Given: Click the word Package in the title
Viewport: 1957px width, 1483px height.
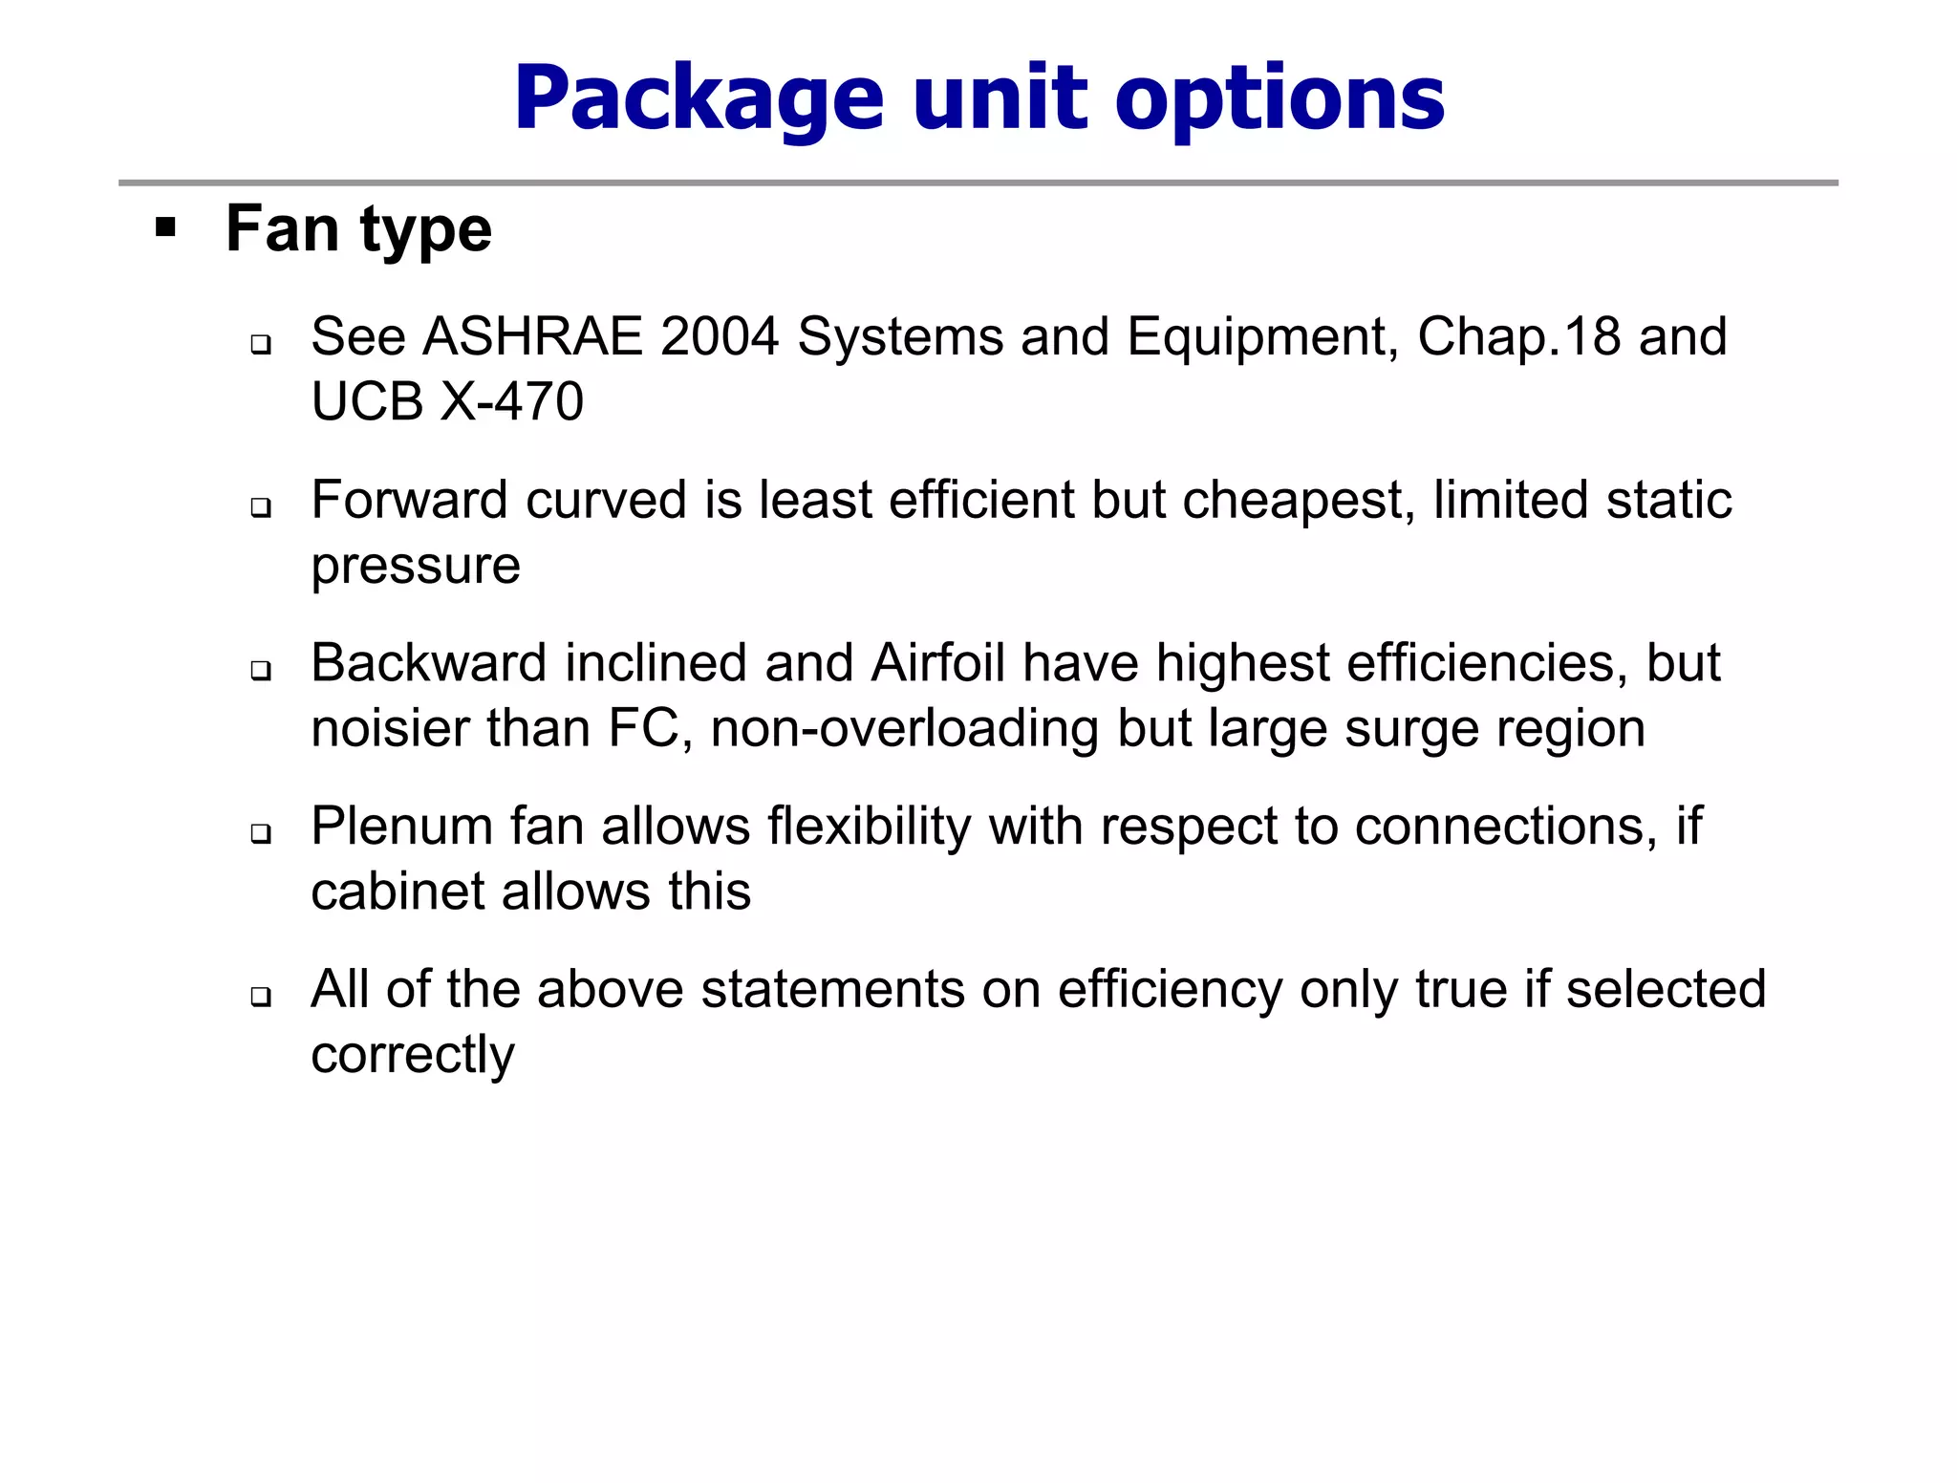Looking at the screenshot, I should (699, 99).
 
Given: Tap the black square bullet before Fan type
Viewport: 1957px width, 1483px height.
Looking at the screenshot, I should (166, 228).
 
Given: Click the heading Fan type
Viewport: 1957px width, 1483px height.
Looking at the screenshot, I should (358, 230).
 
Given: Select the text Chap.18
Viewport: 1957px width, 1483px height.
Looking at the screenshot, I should (1518, 336).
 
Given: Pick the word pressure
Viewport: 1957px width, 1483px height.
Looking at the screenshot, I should (416, 566).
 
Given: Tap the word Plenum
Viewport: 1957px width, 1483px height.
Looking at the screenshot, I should (401, 826).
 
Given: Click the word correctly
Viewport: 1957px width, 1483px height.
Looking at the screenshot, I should (413, 1055).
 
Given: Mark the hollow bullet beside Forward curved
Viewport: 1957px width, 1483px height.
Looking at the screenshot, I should (261, 507).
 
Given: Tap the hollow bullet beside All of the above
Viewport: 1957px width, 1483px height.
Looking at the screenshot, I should (261, 997).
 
